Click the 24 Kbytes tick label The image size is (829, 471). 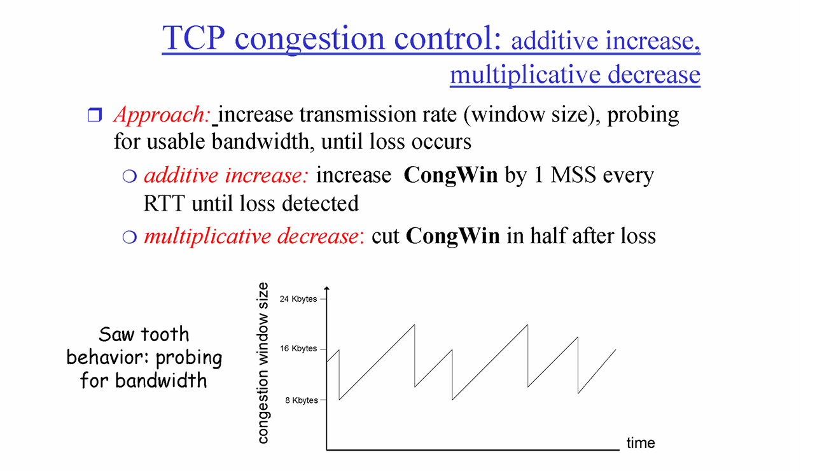click(298, 299)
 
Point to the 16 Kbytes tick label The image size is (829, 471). click(298, 348)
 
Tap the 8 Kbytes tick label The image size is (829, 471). click(302, 400)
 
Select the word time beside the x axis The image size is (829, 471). click(641, 443)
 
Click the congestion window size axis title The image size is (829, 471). click(263, 363)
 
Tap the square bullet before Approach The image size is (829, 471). click(95, 115)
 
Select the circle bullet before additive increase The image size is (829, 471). click(130, 176)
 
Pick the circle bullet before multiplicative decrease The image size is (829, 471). click(130, 237)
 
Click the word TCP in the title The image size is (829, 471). click(193, 38)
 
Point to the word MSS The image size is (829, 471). click(573, 175)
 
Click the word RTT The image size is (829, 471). click(164, 203)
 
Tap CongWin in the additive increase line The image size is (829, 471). click(450, 176)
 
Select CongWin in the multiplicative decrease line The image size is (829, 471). click(452, 236)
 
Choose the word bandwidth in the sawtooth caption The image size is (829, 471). click(160, 380)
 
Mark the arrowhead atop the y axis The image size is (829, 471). click(326, 288)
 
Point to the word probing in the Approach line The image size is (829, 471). click(643, 115)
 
